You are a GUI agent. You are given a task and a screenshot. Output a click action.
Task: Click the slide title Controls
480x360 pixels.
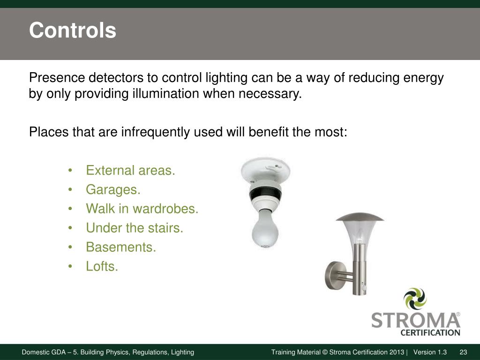72,31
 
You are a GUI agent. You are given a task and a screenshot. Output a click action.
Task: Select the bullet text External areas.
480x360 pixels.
130,170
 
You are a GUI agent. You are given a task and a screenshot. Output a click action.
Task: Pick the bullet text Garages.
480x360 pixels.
113,189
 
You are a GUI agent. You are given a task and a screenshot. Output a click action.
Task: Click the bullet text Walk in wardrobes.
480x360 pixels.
142,209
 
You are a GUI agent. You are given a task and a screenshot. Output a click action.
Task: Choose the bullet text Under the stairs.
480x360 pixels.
135,228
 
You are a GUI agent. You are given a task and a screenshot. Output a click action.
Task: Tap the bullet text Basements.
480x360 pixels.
120,247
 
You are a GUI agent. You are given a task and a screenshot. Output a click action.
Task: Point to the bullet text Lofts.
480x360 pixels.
102,266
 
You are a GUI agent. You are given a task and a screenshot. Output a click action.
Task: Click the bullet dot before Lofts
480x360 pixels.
70,266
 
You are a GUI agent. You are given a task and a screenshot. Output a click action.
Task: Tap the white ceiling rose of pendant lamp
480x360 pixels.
265,169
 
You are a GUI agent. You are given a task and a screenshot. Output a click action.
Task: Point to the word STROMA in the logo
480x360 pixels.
415,321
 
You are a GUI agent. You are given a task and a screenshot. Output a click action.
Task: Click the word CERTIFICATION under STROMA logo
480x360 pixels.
430,333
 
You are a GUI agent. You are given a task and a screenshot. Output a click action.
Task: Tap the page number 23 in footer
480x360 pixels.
464,352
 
